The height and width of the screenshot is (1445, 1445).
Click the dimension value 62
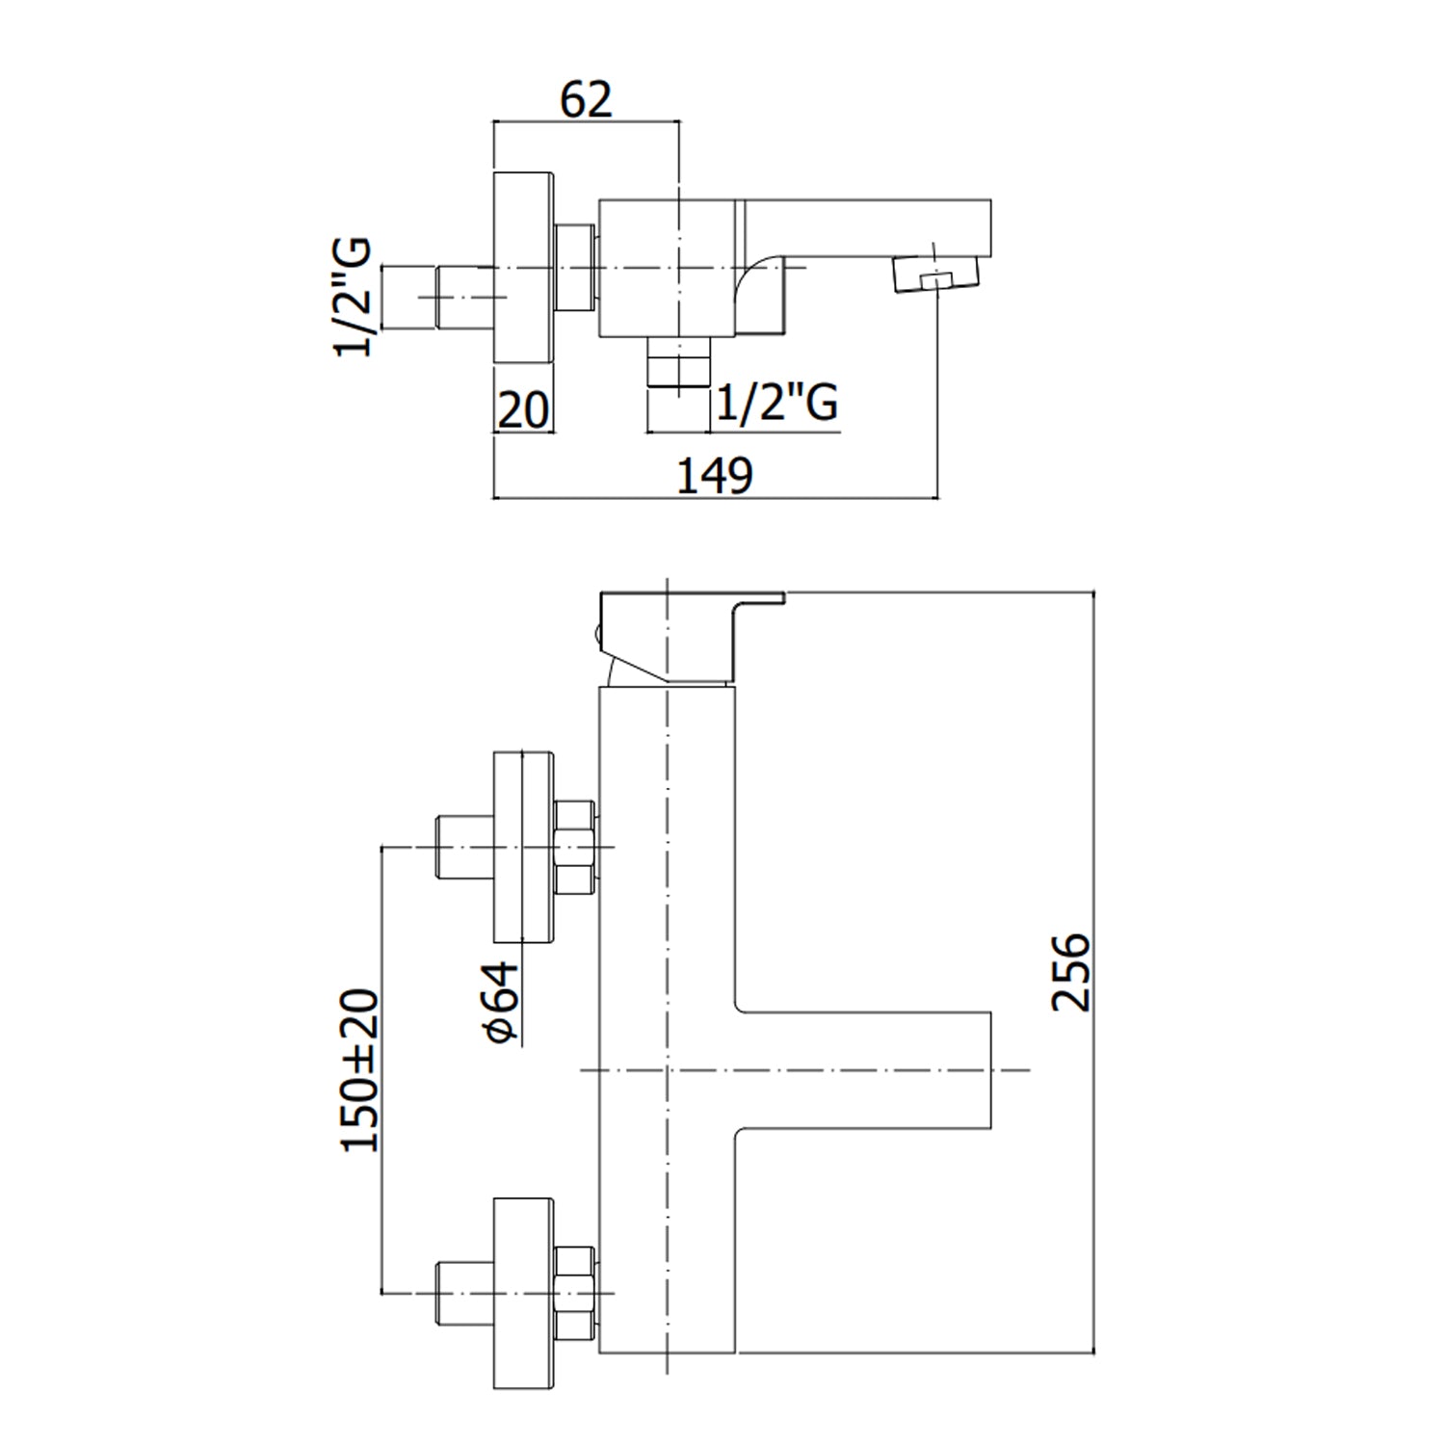click(586, 100)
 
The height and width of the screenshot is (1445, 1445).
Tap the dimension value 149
click(714, 476)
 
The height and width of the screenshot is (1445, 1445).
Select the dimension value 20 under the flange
click(523, 410)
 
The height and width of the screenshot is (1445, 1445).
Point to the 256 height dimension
click(1070, 971)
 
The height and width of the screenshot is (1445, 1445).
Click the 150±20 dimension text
click(360, 1069)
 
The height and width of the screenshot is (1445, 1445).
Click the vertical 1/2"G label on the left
click(353, 297)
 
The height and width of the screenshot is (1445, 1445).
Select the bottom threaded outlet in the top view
click(678, 363)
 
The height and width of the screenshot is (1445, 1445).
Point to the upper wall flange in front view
click(524, 848)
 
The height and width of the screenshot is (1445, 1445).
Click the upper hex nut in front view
click(575, 848)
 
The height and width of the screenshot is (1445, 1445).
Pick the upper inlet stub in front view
click(463, 848)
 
